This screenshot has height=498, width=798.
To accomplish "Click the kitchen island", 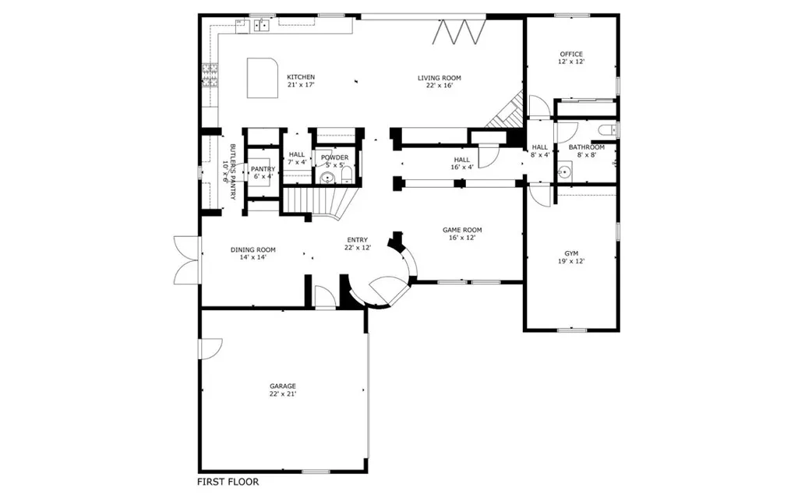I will click(263, 77).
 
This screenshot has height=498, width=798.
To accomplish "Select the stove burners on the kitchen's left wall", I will click(208, 73).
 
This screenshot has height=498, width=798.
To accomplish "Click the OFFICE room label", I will click(570, 54).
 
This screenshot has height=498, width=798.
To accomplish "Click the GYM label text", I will click(572, 253).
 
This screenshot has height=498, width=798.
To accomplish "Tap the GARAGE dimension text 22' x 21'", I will click(283, 394).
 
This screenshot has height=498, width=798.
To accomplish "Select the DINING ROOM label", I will click(252, 250).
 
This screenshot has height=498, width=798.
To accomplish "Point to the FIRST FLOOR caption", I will click(228, 482).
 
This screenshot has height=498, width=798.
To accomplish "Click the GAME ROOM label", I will click(462, 230).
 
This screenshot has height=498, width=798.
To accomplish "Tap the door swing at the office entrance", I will click(538, 107).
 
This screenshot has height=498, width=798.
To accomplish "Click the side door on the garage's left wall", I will click(211, 348).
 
